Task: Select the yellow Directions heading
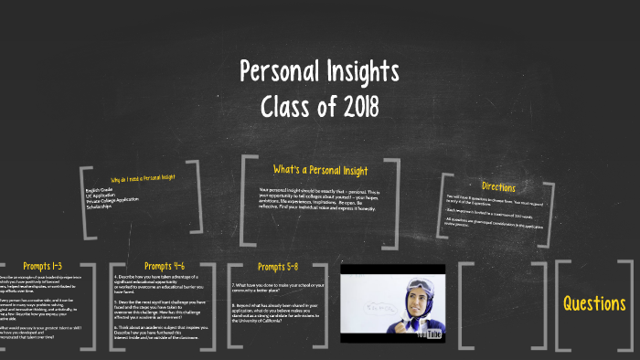click(497, 187)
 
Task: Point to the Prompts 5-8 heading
click(277, 267)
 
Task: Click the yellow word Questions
click(594, 303)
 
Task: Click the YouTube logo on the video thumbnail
click(429, 334)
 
